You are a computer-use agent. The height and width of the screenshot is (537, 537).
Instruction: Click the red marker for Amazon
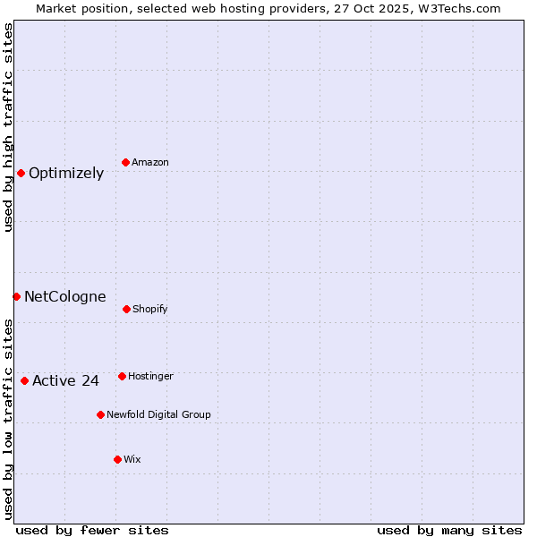125,162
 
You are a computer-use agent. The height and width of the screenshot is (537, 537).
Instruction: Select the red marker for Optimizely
21,173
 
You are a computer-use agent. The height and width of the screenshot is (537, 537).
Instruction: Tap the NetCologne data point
16,296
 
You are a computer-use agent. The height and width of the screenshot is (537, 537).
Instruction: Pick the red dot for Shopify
126,309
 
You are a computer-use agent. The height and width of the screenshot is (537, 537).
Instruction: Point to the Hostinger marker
122,376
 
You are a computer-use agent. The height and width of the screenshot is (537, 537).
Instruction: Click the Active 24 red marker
24,380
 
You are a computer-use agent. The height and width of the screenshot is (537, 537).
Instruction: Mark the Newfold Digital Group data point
100,414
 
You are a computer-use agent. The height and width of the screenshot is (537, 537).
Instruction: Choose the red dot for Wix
117,459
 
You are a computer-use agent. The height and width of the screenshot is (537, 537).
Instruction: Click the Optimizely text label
66,174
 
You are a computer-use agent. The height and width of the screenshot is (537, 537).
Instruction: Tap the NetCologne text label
65,297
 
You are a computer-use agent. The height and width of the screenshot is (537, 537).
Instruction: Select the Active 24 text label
65,381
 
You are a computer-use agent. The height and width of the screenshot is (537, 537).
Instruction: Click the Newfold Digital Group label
158,415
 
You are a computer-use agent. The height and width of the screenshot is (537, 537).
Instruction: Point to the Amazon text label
150,163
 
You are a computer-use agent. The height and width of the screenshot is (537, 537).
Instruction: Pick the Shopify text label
150,310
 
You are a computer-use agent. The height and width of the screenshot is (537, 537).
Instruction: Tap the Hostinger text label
150,377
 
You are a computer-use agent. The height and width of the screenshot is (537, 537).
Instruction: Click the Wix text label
132,460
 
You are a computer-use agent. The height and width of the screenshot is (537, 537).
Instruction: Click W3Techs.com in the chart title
456,8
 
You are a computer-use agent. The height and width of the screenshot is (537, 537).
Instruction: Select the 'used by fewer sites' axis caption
92,530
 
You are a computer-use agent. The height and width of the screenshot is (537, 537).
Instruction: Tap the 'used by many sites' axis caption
449,530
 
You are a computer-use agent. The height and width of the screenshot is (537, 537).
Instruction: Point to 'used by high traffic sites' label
8,127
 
